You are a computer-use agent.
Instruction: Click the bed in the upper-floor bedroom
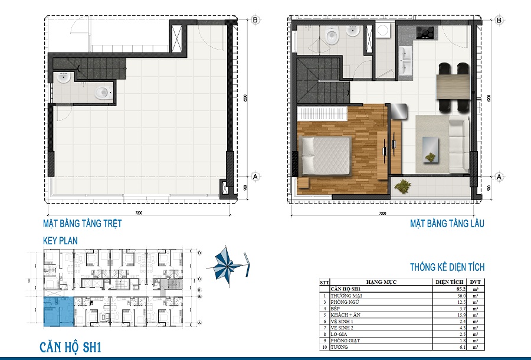[326, 155]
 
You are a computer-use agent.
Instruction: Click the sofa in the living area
[458, 142]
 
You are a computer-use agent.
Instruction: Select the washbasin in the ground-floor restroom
[64, 78]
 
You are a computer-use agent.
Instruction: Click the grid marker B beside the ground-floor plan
[255, 19]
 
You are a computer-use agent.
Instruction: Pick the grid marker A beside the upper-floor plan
[499, 176]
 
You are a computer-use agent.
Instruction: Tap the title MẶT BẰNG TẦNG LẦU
[447, 224]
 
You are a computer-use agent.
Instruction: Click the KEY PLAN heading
[60, 241]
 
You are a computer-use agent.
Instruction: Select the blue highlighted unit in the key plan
[58, 312]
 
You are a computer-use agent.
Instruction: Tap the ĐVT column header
[473, 282]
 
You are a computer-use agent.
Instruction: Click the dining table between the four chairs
[452, 87]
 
